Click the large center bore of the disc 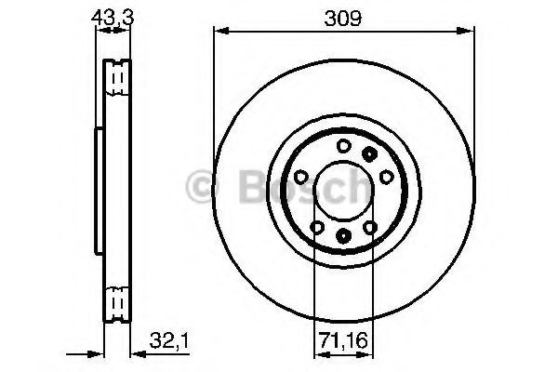point(343,191)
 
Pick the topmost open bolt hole point(343,145)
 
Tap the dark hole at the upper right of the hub point(370,153)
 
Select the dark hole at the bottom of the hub point(343,236)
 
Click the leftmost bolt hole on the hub point(299,177)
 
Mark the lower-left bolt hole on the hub point(316,227)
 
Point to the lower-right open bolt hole point(370,227)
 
